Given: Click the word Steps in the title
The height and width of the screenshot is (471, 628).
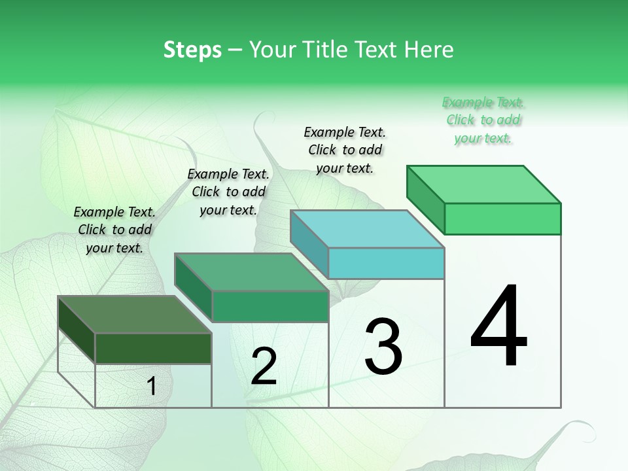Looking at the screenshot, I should (x=192, y=50).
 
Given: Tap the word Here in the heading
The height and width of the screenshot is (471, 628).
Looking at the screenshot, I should (x=429, y=50).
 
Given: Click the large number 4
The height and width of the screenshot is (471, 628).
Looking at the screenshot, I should (x=498, y=326).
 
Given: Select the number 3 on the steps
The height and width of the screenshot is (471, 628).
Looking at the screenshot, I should (x=383, y=347).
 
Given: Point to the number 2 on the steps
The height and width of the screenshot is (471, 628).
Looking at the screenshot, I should (x=264, y=366).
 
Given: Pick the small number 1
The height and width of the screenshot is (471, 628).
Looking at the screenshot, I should (x=152, y=387).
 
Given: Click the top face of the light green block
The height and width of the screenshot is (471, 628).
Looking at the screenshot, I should (x=484, y=184).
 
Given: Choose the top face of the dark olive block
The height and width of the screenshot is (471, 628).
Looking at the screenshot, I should (x=135, y=315).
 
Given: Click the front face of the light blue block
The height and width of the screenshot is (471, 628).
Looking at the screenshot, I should (x=386, y=264).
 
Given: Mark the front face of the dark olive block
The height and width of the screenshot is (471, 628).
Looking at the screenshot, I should (x=153, y=349).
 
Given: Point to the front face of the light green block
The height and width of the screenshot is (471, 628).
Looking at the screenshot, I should (x=502, y=218).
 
